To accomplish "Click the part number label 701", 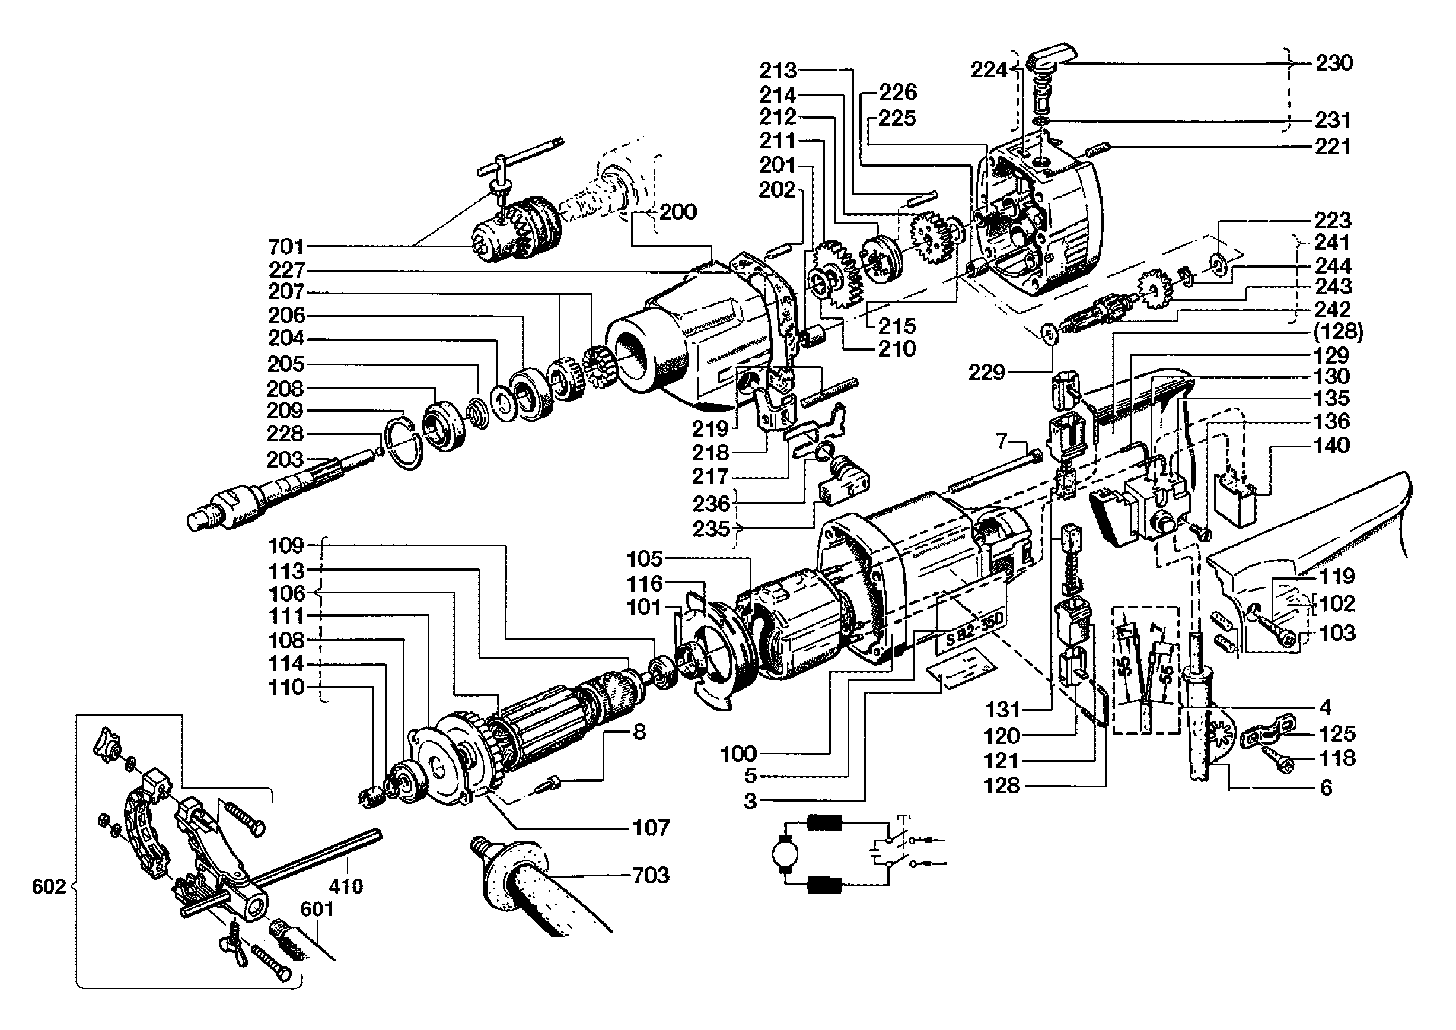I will [286, 246].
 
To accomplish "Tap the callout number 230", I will [1334, 63].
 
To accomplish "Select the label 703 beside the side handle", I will [651, 876].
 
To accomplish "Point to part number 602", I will [49, 886].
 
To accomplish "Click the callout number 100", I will [739, 754].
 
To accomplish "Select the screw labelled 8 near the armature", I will [547, 784].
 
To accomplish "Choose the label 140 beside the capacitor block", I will [1331, 445].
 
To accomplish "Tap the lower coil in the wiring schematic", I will [823, 885].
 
